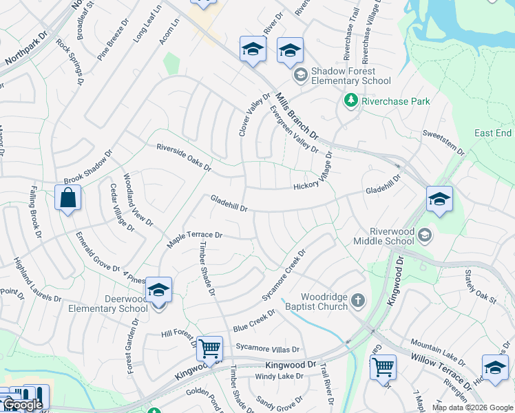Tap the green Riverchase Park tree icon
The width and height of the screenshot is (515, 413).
[x=350, y=101]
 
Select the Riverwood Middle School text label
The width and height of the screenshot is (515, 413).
[x=384, y=237]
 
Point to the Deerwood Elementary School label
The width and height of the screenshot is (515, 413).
[x=108, y=304]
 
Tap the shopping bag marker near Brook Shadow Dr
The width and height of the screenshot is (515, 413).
[x=67, y=198]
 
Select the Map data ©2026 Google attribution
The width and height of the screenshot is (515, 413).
[x=472, y=407]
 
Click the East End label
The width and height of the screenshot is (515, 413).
[x=493, y=133]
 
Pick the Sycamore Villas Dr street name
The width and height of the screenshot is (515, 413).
[x=268, y=349]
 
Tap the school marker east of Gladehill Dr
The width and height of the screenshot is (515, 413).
[x=439, y=200]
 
